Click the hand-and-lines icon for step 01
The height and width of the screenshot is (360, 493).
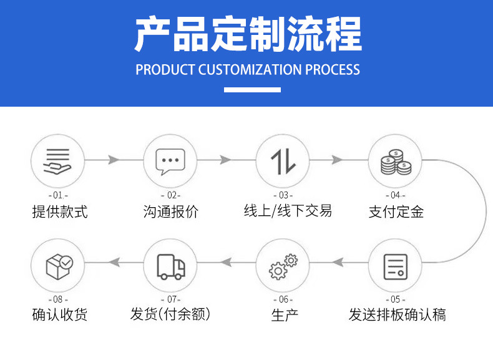[x=57, y=161]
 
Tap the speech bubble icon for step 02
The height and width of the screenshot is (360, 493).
[x=170, y=162]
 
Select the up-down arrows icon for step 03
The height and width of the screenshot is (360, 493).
[x=283, y=162]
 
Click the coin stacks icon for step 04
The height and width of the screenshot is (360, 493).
[x=396, y=162]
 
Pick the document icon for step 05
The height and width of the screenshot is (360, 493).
[x=396, y=267]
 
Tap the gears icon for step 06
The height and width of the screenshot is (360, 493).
[x=283, y=266]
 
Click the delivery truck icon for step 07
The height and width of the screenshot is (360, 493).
[x=171, y=267]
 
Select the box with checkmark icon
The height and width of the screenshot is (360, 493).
[x=59, y=267]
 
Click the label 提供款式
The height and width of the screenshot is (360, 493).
[x=60, y=212]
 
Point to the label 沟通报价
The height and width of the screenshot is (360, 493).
[x=171, y=212]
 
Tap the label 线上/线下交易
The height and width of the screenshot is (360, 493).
[x=288, y=211]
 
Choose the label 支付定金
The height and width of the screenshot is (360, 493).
[x=396, y=212]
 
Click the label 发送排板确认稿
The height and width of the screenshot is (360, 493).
[x=397, y=314]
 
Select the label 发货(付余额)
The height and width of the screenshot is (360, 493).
[x=170, y=314]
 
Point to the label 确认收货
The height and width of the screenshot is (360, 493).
[x=60, y=314]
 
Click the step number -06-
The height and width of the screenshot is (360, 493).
[x=283, y=299]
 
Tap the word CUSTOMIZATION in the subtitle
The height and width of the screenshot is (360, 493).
[x=250, y=70]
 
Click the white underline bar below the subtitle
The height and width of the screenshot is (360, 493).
[x=252, y=90]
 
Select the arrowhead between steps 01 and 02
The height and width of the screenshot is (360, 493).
[x=114, y=160]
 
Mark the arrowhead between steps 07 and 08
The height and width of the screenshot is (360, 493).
[x=114, y=262]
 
